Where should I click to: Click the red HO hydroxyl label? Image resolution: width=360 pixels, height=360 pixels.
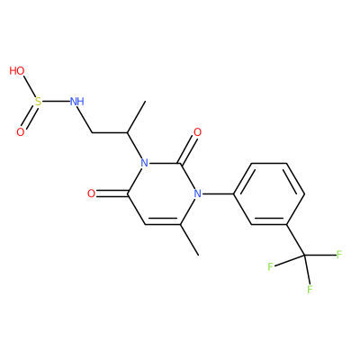pyautogui.click(x=17, y=71)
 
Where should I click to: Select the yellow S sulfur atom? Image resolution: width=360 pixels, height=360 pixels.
pyautogui.click(x=38, y=102)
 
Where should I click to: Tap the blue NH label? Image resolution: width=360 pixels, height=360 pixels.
pyautogui.click(x=76, y=102)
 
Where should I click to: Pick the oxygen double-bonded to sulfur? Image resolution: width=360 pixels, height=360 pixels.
pyautogui.click(x=20, y=132)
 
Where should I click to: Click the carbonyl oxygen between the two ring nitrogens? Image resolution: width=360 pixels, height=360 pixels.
pyautogui.click(x=197, y=132)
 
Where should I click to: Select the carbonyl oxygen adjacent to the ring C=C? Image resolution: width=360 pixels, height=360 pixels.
pyautogui.click(x=91, y=193)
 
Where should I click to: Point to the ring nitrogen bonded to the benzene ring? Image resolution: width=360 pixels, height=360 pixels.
pyautogui.click(x=197, y=193)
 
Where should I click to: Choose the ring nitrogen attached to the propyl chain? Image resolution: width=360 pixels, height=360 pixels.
pyautogui.click(x=144, y=163)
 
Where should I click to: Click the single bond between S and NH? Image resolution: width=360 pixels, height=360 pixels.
pyautogui.click(x=56, y=102)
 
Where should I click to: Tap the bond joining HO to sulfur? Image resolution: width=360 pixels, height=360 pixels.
pyautogui.click(x=29, y=86)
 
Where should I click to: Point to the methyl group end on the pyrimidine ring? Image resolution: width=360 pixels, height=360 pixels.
pyautogui.click(x=198, y=256)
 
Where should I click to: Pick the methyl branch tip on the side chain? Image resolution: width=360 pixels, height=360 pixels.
pyautogui.click(x=145, y=102)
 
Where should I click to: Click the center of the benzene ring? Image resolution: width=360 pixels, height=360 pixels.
pyautogui.click(x=269, y=193)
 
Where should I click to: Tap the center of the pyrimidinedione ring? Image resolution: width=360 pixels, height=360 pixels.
pyautogui.click(x=162, y=193)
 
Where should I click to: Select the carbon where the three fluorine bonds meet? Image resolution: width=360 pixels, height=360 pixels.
pyautogui.click(x=304, y=256)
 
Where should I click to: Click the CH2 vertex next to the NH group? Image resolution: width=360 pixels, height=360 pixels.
pyautogui.click(x=92, y=132)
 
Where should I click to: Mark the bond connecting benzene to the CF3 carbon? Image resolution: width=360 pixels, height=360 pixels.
pyautogui.click(x=296, y=239)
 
